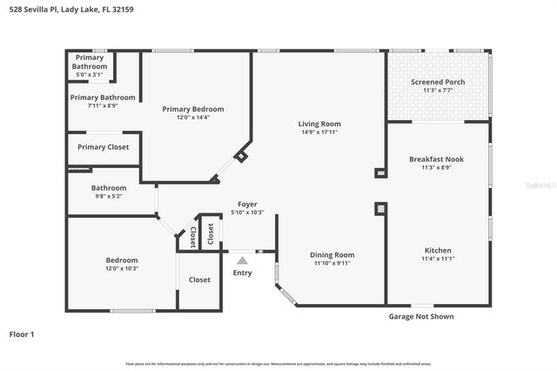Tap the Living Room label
point(319,124)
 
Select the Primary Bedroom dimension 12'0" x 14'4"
point(193,117)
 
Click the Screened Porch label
point(438,82)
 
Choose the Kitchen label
point(438,251)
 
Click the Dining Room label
point(332,254)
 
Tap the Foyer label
point(247,204)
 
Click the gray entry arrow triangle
point(243,259)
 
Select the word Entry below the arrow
point(242,273)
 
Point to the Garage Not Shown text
point(420,316)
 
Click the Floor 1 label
point(22,334)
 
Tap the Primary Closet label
point(103,147)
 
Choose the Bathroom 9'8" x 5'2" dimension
point(109,196)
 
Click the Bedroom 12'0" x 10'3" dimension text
point(122,268)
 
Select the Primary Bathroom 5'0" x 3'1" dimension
point(90,74)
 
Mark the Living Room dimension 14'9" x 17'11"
point(319,132)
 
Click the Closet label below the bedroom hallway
point(199,280)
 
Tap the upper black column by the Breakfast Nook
point(379,173)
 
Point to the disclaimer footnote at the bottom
point(278,363)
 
